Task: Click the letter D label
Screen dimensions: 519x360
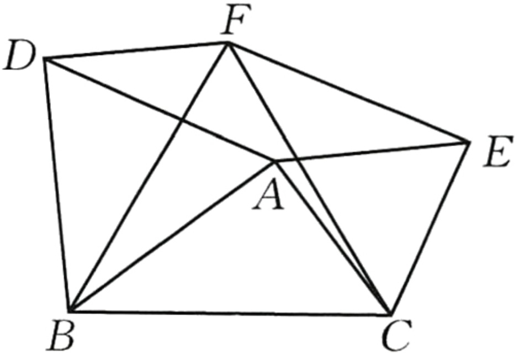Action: (19, 55)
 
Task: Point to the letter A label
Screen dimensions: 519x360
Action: (268, 194)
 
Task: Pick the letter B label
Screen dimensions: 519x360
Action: (61, 335)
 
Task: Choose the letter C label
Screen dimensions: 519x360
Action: (396, 335)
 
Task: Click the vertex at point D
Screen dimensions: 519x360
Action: (45, 59)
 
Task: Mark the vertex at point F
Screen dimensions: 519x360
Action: (227, 43)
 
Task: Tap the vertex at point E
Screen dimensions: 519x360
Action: (469, 142)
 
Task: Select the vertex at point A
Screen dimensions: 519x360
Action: (274, 161)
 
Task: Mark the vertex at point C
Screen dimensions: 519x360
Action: (391, 315)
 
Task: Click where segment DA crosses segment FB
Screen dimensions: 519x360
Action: (182, 120)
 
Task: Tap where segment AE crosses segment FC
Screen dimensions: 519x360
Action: (297, 160)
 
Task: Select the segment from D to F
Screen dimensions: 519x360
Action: (136, 51)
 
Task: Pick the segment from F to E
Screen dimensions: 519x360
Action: (348, 92)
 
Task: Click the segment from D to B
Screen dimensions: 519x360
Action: (57, 184)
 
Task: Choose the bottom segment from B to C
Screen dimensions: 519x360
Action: (230, 313)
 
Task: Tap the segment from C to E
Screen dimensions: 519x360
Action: (430, 228)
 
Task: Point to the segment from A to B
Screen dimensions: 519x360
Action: (172, 236)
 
